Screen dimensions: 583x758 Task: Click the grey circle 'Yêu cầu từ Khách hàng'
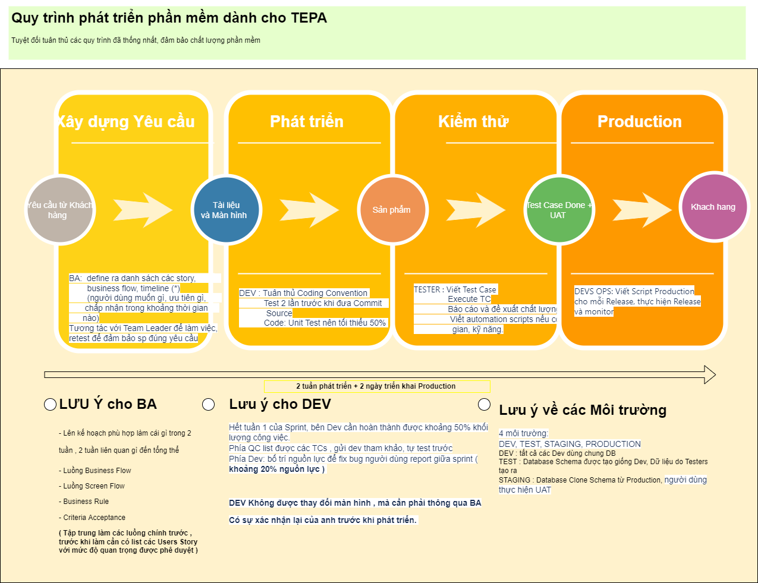59,210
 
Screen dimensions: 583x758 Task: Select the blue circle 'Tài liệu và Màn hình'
225,210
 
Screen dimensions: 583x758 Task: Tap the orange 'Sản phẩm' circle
392,210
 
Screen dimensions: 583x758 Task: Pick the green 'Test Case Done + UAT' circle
558,210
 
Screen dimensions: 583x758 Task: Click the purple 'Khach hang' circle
713,207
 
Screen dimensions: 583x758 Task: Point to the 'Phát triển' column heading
307,122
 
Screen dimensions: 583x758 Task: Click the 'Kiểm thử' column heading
473,122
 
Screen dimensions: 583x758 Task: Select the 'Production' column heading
640,122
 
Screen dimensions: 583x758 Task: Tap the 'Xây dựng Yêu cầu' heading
126,122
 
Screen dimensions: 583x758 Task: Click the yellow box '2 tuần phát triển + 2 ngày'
377,386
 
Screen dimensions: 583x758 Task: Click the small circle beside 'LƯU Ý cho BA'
51,405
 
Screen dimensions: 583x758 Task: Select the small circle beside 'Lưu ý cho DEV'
208,405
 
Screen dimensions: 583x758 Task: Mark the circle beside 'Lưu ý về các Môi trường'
485,405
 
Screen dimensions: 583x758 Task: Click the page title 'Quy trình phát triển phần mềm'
169,18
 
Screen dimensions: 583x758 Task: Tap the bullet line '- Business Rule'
84,502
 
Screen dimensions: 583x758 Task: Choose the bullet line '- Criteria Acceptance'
92,518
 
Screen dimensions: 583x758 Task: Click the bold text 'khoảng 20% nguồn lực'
277,469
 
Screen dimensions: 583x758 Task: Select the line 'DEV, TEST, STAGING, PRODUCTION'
570,444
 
